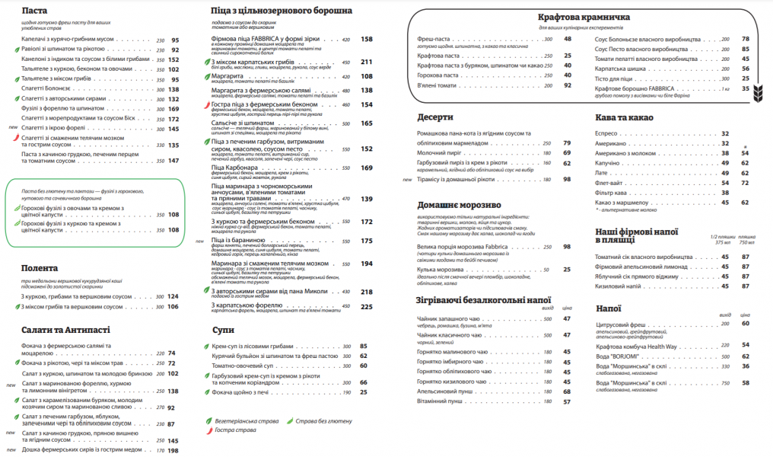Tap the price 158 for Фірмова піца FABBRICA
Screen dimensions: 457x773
tap(366, 39)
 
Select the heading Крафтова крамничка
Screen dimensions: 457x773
tap(584, 17)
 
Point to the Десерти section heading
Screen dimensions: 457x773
tap(435, 118)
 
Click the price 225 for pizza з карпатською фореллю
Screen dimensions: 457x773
tap(366, 306)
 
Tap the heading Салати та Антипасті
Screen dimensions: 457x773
tap(66, 330)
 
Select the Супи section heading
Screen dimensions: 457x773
tap(223, 330)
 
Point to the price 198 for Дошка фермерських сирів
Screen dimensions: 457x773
tap(173, 451)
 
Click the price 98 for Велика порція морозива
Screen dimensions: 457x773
tap(567, 247)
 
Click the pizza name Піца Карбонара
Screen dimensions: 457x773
tap(241, 168)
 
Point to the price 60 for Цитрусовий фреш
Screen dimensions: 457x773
tap(746, 323)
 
